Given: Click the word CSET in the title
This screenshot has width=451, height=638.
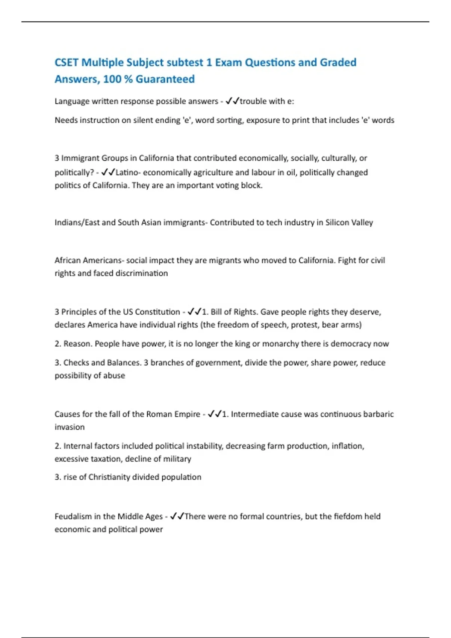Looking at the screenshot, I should (67, 62).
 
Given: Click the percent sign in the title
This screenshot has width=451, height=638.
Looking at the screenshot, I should (128, 79).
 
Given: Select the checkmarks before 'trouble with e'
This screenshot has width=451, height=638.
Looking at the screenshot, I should (232, 101).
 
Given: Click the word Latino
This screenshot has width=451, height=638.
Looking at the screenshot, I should (127, 172).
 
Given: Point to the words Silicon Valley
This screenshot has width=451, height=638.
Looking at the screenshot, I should (349, 222).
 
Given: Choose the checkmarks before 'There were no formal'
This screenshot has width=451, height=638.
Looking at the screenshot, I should (177, 516).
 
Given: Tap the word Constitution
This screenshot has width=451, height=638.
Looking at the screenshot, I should (157, 312).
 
